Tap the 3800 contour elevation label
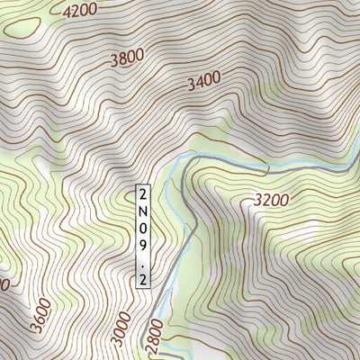(x=126, y=59)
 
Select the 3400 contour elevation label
(x=203, y=83)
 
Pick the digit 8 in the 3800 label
(x=121, y=60)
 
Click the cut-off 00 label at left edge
(x=4, y=284)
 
